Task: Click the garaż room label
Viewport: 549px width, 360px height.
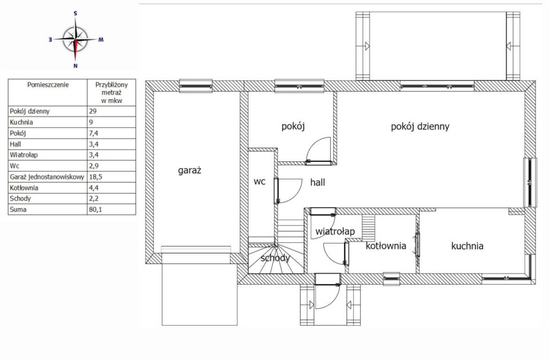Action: tap(190, 170)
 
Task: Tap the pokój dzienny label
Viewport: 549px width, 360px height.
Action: tap(420, 127)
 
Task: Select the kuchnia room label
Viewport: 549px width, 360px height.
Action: tap(467, 246)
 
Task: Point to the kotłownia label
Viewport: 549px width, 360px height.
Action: tap(386, 246)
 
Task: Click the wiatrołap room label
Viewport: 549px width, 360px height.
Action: tap(335, 232)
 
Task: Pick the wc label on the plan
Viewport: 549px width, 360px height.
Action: tap(259, 182)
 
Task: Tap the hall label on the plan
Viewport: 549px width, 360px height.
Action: tap(318, 182)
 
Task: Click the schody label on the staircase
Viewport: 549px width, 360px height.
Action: tap(275, 258)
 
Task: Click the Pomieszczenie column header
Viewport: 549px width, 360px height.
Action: tap(48, 85)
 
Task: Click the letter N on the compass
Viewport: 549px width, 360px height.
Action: tap(75, 65)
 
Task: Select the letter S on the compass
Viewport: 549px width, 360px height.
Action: tap(75, 13)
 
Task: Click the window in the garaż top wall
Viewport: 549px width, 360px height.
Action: tap(196, 86)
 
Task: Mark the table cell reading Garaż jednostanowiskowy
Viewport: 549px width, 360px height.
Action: tap(47, 177)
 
